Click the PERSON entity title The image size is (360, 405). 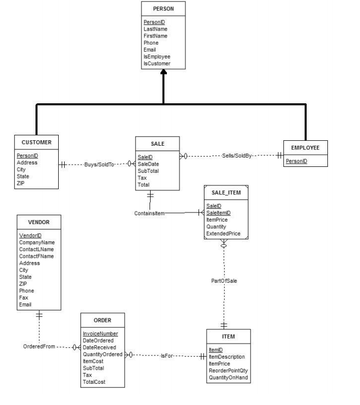click(163, 9)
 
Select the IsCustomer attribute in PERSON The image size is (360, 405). click(157, 64)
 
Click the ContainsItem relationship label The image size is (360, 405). click(149, 214)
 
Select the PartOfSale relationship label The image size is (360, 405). click(224, 281)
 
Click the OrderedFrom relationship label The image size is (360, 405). click(39, 346)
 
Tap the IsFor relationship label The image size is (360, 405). click(167, 356)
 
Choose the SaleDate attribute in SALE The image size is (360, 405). click(149, 164)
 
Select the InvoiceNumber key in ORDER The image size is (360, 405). click(100, 333)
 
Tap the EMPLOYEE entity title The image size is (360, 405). click(305, 147)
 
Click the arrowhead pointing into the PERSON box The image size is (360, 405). click(163, 78)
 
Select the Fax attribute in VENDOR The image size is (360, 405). click(23, 297)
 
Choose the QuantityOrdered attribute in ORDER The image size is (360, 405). click(103, 354)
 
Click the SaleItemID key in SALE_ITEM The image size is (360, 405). click(218, 213)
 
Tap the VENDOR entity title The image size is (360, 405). click(40, 222)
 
